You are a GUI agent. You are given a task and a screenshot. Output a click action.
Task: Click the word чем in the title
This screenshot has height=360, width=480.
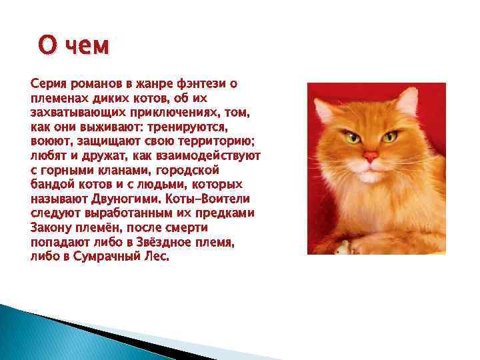click(87, 47)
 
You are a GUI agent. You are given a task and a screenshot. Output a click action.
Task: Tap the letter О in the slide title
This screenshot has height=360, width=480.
click(47, 46)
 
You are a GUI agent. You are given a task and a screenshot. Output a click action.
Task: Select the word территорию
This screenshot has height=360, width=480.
click(212, 141)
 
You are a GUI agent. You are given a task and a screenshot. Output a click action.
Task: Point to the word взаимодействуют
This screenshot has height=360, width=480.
click(213, 155)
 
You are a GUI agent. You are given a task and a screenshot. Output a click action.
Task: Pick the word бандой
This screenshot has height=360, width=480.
click(51, 184)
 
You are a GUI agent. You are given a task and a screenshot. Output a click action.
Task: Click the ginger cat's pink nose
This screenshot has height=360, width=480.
click(371, 157)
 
